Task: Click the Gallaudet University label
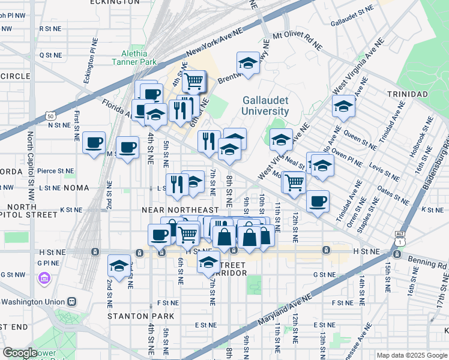tap(265, 106)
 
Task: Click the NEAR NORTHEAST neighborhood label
tap(180, 210)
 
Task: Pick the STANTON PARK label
tap(140, 316)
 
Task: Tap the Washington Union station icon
tap(71, 301)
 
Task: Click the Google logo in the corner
tap(20, 353)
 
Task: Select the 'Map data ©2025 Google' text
tap(411, 355)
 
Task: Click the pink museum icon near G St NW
tap(43, 278)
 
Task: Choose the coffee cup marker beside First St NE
tap(94, 143)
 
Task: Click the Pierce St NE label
tap(55, 171)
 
